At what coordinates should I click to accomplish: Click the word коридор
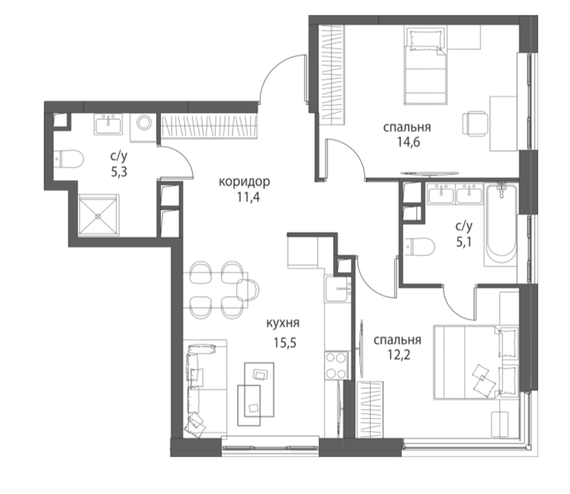244,181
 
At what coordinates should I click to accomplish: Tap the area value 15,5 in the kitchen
285,342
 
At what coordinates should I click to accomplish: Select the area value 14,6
408,142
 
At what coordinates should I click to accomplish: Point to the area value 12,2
398,354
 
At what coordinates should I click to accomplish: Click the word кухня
283,323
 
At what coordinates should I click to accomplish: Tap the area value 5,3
119,171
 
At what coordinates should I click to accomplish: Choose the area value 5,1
464,241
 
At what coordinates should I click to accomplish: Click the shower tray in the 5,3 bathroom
98,215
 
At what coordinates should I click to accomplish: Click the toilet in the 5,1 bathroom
420,247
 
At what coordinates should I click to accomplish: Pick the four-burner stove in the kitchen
336,366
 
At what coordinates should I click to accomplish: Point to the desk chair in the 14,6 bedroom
475,124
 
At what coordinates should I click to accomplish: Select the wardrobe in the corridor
209,126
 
